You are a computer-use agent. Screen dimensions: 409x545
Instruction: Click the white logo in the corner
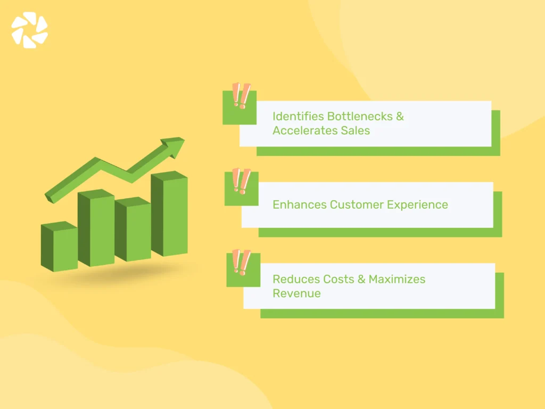30,30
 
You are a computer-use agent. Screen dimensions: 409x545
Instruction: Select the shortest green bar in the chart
59,248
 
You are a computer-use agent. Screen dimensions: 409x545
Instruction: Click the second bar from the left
96,228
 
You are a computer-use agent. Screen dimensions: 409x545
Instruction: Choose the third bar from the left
133,231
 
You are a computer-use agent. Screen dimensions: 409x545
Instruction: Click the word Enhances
299,204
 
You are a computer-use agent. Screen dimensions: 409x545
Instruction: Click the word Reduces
295,279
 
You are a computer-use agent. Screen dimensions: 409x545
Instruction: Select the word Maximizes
397,279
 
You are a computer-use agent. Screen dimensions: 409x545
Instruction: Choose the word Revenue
296,293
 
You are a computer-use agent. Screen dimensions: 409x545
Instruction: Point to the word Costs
338,279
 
